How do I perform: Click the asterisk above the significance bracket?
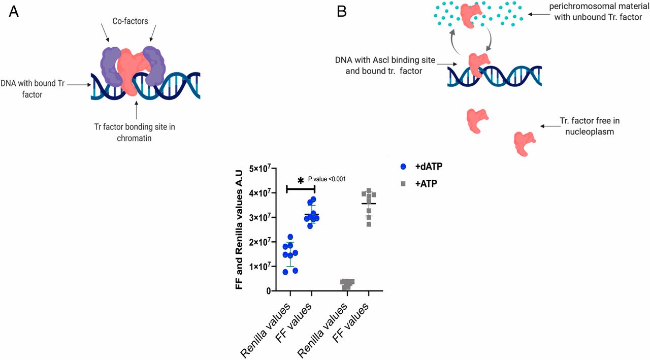coord(301,181)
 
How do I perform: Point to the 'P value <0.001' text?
coord(327,179)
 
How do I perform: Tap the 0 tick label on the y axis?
coord(267,291)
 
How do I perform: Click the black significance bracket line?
coord(301,189)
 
